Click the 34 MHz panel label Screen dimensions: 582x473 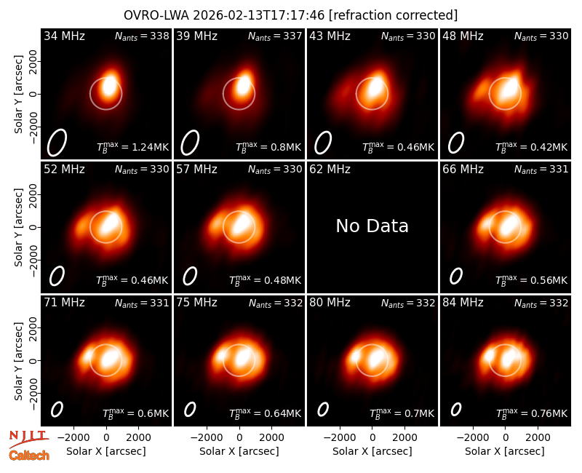tap(64, 36)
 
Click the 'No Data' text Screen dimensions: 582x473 tap(372, 226)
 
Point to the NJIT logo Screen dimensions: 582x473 tap(29, 438)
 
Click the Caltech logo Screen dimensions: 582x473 tap(29, 456)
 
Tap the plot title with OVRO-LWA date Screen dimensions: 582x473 tap(290, 15)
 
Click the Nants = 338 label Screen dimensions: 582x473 tap(142, 36)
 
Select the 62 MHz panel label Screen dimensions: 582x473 tap(330, 170)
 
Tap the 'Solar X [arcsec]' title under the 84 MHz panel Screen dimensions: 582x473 tap(505, 451)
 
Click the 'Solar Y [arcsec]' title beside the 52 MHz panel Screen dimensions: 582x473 tap(18, 227)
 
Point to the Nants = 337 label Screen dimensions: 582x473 tap(275, 36)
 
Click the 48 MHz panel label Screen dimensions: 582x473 tap(463, 36)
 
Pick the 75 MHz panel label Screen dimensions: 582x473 tap(196, 303)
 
